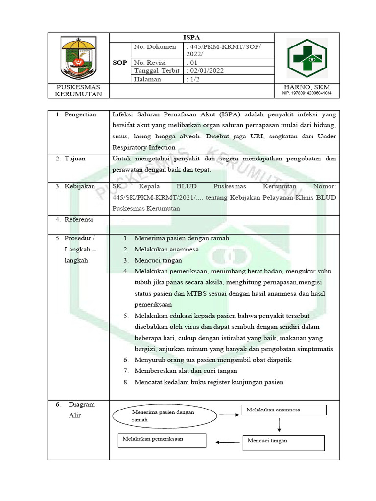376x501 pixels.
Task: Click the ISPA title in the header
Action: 191,37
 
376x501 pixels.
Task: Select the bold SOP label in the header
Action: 120,63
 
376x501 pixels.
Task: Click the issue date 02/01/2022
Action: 206,71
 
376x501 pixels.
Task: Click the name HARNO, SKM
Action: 306,87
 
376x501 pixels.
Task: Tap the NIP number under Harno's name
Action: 306,93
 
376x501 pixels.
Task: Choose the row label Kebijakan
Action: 79,186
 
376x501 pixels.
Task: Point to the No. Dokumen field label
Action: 155,47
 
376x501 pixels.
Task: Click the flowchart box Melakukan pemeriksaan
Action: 162,439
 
